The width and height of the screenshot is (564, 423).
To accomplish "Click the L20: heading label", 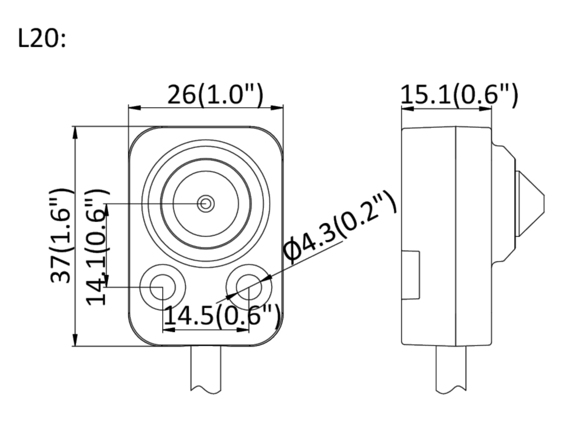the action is pyautogui.click(x=42, y=39).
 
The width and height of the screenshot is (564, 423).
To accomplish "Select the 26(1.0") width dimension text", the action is pyautogui.click(x=215, y=94).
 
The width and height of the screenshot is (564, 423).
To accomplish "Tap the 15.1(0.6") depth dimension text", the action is pyautogui.click(x=459, y=94).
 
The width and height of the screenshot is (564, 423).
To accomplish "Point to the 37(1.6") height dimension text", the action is pyautogui.click(x=60, y=235).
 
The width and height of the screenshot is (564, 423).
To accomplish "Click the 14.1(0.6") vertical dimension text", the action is pyautogui.click(x=97, y=247).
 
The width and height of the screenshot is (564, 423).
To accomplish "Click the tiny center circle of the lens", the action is pyautogui.click(x=205, y=204).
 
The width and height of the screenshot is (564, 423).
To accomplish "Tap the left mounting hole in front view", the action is pyautogui.click(x=163, y=287).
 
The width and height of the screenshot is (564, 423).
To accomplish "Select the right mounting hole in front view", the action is pyautogui.click(x=249, y=287).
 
